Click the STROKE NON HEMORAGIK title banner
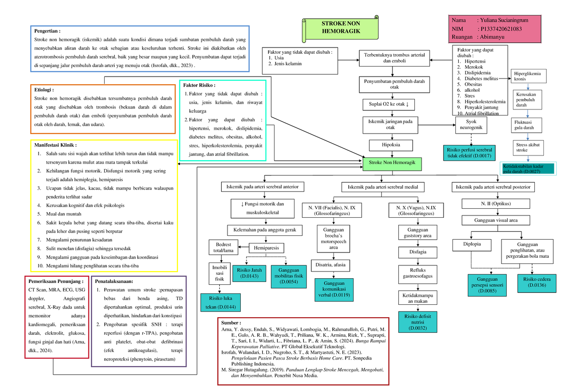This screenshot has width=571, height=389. [341, 28]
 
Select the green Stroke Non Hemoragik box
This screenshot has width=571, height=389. [392, 163]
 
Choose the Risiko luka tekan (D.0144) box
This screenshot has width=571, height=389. [220, 302]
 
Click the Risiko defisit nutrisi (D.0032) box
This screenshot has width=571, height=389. [417, 322]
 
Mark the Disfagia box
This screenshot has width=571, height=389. [417, 252]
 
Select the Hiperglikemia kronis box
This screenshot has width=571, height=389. [528, 76]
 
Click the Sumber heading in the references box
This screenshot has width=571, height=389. [231, 323]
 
